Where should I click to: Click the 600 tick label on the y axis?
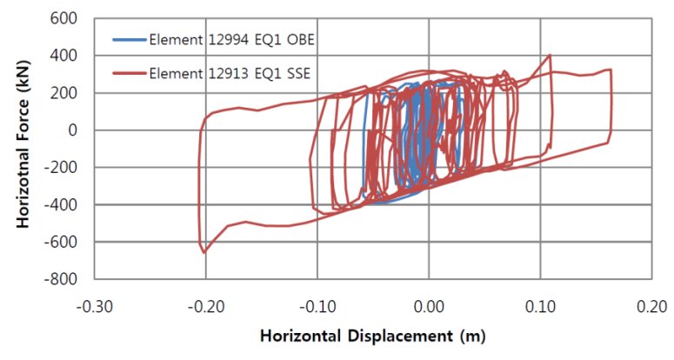(x=66, y=18)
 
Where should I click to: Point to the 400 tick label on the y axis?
(x=66, y=56)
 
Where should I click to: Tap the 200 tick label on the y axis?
(x=66, y=93)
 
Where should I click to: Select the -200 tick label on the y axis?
(x=63, y=168)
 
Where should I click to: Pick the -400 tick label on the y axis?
(x=63, y=205)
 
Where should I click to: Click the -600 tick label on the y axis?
(x=63, y=242)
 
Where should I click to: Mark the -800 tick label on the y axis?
(x=63, y=279)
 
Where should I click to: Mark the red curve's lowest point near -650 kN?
(x=204, y=252)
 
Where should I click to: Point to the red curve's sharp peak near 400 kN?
(x=550, y=56)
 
